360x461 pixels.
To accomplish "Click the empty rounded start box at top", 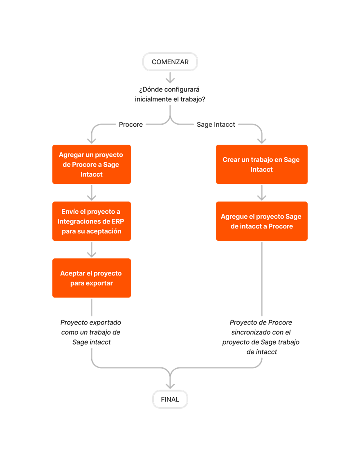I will [170, 62].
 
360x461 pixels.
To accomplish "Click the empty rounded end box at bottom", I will [170, 399].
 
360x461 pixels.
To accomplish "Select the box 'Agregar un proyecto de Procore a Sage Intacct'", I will [91, 164].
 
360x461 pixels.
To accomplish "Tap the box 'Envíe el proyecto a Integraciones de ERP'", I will [91, 221].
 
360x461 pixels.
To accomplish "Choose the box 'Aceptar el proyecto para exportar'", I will [91, 278].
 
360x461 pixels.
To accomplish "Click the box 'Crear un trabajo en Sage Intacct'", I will [261, 164].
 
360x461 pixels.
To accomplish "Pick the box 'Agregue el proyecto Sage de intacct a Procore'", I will [261, 221].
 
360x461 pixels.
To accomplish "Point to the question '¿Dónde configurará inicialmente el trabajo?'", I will [170, 94].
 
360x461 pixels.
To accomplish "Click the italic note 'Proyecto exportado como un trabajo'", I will [91, 332].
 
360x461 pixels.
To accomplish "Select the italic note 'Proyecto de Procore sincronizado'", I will [261, 337].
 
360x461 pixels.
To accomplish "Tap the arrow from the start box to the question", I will [170, 77].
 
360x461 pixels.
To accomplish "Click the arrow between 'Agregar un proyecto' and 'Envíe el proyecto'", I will [92, 192].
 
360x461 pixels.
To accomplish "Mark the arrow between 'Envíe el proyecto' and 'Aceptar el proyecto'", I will [92, 249].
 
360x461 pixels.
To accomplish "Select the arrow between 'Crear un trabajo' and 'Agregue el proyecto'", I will [262, 192].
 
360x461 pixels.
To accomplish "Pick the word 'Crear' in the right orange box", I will [231, 159].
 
